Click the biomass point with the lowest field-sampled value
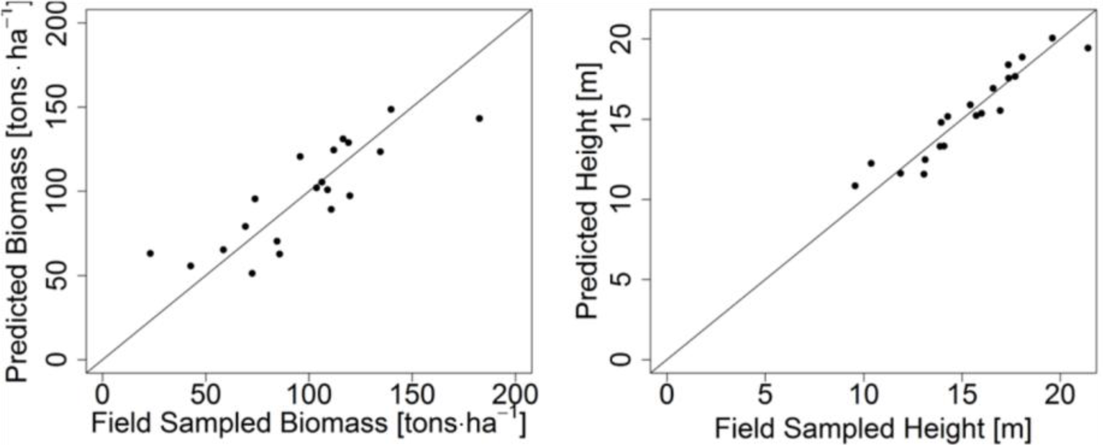[150, 253]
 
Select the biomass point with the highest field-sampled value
[479, 118]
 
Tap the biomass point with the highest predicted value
[391, 109]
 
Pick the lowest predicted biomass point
[252, 273]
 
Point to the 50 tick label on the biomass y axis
[56, 275]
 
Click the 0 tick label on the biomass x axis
[102, 396]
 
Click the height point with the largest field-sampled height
[1088, 48]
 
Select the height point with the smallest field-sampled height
[855, 186]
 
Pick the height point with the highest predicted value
[1052, 38]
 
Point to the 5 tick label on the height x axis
[765, 396]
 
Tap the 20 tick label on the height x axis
[1060, 396]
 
